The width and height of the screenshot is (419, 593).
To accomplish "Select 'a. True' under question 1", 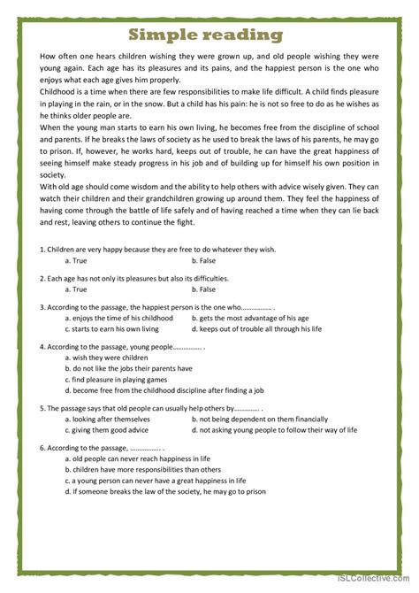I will click(76, 260).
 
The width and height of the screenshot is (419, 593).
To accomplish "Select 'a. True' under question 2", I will click(76, 289).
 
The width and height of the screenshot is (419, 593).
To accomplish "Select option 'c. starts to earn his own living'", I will click(116, 328).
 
